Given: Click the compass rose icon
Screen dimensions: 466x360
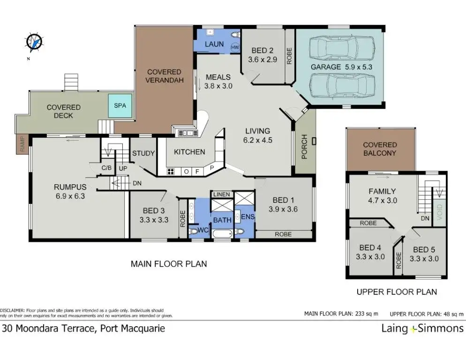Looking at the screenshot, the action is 34,42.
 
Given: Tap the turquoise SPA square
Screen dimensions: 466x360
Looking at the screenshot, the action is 120,105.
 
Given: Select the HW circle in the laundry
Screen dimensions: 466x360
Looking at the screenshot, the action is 235,47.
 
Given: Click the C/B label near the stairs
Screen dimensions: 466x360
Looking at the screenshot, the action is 106,168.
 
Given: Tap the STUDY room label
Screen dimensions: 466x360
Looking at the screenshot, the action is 143,153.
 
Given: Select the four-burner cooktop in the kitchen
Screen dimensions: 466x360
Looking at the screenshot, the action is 171,171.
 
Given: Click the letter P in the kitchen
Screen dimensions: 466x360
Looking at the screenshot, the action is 212,168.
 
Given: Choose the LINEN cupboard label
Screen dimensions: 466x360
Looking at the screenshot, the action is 222,195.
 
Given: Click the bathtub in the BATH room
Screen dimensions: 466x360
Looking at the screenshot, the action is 222,233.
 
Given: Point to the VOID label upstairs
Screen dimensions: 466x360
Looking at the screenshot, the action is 440,212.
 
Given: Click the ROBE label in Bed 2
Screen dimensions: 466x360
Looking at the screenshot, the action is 289,56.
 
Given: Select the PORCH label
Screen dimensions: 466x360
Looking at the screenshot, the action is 304,147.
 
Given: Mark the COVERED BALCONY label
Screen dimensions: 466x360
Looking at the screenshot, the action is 380,149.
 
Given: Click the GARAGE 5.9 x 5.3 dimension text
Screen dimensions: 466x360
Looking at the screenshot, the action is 341,67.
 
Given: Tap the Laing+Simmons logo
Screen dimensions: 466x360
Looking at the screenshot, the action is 422,329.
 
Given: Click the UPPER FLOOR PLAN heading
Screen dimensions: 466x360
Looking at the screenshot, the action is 397,292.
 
